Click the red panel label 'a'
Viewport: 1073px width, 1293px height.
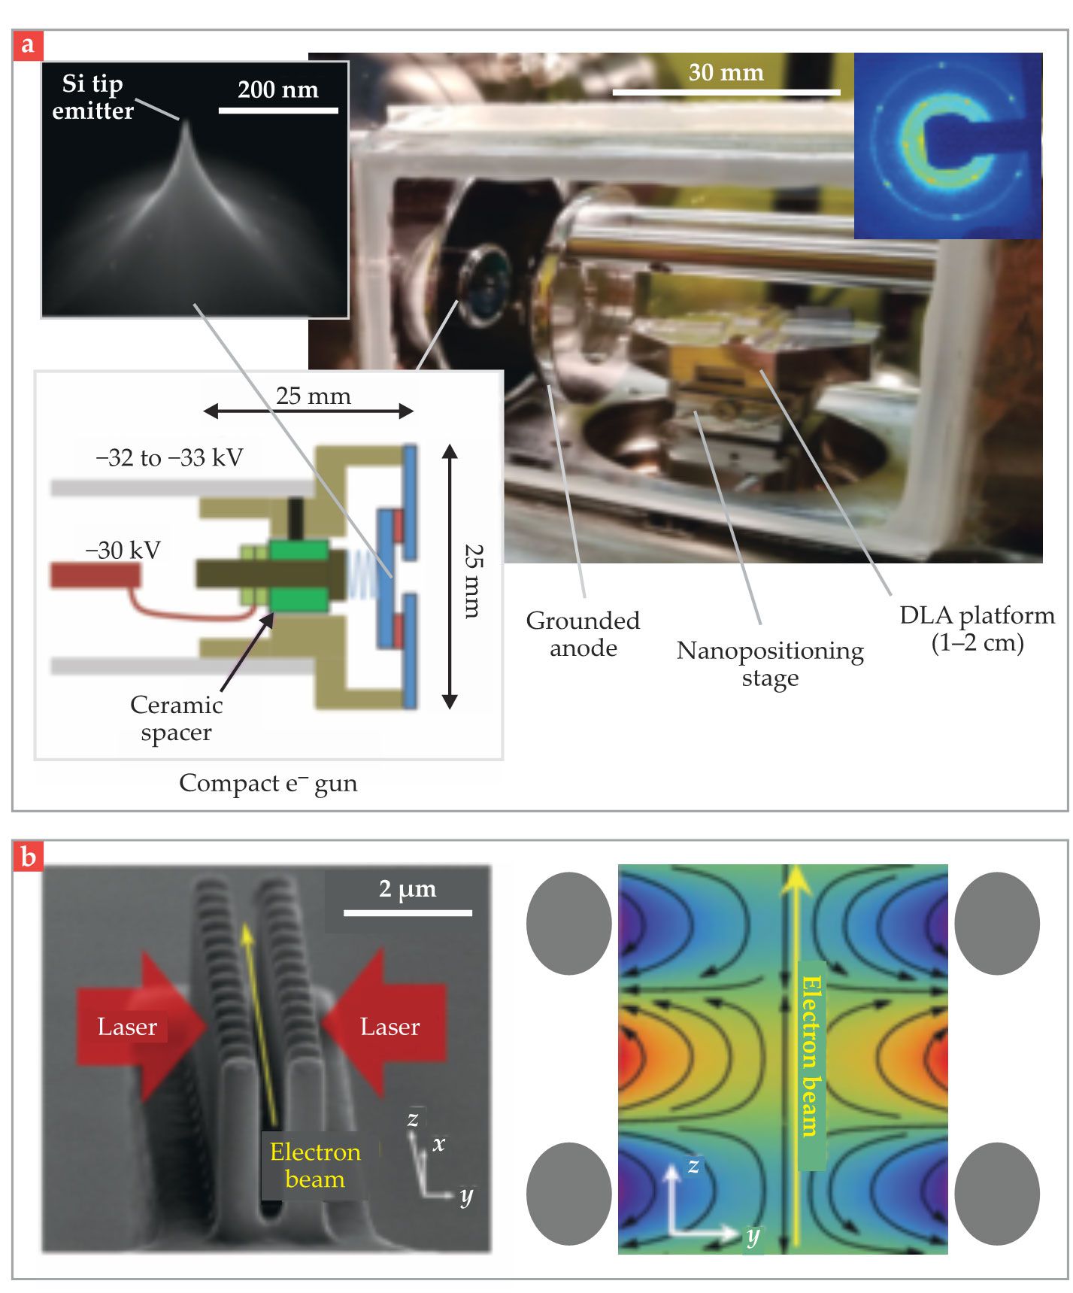point(28,45)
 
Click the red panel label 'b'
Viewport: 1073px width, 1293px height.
point(28,857)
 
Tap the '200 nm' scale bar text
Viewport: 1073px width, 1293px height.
point(277,90)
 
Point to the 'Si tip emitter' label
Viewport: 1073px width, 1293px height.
point(92,97)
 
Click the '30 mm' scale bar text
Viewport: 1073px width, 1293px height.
point(726,72)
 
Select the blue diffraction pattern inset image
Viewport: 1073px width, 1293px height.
point(947,146)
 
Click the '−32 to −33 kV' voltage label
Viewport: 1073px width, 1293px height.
point(169,457)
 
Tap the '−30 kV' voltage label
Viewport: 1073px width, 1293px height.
point(123,550)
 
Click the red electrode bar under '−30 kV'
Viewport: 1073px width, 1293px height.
point(95,575)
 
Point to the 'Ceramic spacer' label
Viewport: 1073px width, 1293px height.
point(176,718)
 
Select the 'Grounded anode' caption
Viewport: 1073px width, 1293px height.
point(583,634)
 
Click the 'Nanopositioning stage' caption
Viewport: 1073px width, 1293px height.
point(770,663)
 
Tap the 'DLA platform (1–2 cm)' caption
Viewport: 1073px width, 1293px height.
point(977,629)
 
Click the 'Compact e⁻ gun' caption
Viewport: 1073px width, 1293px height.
point(268,783)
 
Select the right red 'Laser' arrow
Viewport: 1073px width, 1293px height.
point(387,1026)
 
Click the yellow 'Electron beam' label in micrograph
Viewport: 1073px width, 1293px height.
point(315,1165)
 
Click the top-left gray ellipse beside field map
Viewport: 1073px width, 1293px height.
point(568,923)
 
